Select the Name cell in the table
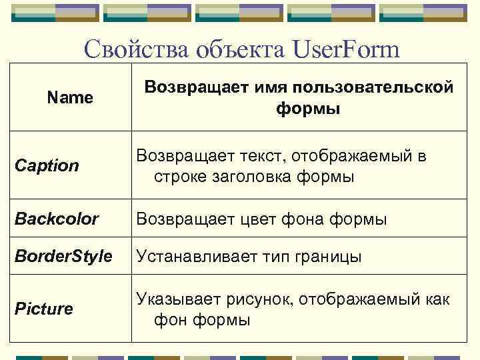pos(70,98)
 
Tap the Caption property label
pos(47,165)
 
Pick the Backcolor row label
pos(57,219)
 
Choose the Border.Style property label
pos(63,257)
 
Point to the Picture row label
pos(44,309)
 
